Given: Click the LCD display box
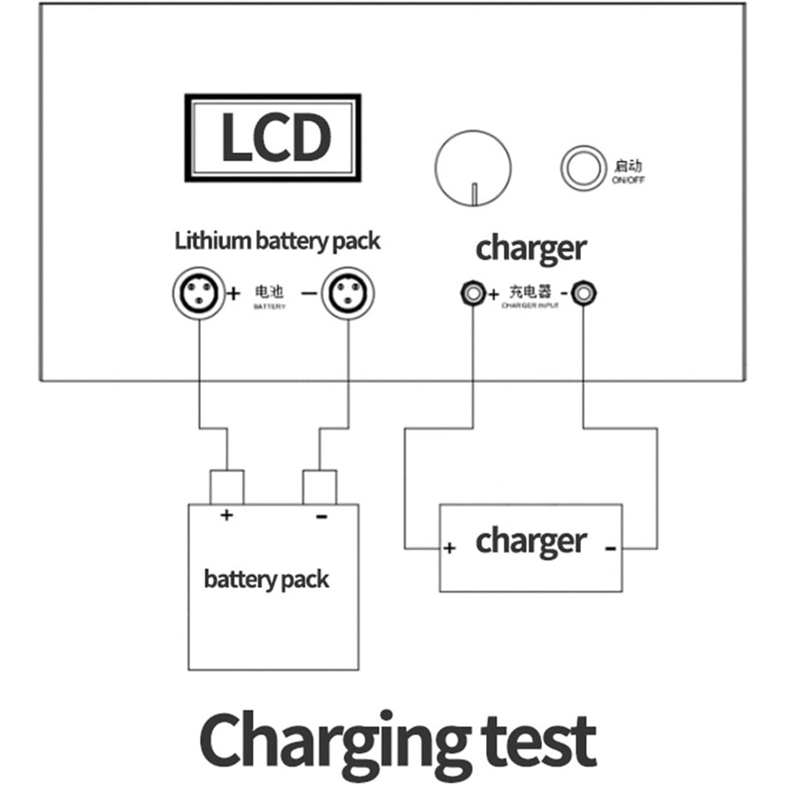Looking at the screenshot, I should coord(272,138).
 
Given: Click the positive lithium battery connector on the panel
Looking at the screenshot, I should coord(199,293).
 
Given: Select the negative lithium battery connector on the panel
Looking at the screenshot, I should coord(348,293).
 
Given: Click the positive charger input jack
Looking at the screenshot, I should coord(472,293).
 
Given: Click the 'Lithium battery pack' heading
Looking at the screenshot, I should coord(277,241).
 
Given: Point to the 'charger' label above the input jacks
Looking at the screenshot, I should coord(530,248).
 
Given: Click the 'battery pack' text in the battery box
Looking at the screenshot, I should coord(266,579).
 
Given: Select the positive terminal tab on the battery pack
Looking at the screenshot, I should coord(227,488).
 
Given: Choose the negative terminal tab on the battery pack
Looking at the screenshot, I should coord(320,488).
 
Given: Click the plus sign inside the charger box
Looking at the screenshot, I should coord(450,548).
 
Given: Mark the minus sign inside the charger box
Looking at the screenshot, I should coord(610,548).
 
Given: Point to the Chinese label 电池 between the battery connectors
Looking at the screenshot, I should coord(268,292).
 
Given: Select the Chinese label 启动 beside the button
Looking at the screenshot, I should coord(627,165).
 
